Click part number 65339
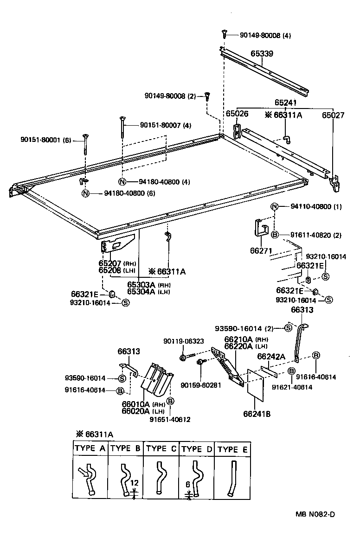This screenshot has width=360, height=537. pos(262,54)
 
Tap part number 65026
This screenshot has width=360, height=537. pos(237,114)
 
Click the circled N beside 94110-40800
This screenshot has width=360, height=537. pos(274,207)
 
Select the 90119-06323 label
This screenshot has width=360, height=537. pos(183,341)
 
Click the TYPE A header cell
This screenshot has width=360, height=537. pos(90,448)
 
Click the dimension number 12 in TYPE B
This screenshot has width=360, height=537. pos(134,483)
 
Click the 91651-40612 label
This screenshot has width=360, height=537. pos(170,420)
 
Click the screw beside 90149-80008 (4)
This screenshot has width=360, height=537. pos(224,33)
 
